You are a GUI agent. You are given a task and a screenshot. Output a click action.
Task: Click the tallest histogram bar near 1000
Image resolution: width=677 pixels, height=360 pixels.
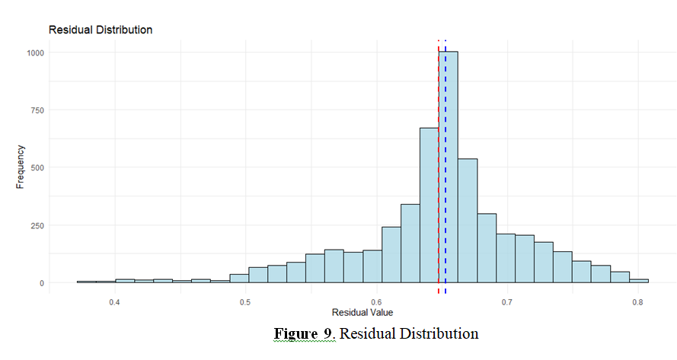click(450, 167)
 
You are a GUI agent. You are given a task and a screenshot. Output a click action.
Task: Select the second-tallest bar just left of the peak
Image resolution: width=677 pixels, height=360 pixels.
click(429, 205)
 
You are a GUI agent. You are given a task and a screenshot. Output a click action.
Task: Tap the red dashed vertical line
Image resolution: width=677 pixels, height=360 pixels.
click(439, 91)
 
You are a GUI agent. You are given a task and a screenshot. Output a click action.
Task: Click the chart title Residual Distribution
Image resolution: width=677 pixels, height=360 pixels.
click(101, 30)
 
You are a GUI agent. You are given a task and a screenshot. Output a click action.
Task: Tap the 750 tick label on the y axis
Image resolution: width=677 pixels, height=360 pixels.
click(37, 110)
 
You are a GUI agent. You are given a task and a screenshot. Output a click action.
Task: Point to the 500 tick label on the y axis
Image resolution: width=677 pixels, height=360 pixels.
click(37, 167)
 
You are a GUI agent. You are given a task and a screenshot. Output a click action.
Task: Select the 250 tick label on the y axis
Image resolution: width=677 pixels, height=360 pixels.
click(37, 225)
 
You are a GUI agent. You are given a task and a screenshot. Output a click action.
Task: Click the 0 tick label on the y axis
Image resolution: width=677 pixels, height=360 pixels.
click(42, 283)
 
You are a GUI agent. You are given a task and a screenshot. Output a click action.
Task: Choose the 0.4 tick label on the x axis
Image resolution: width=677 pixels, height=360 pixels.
click(114, 302)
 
